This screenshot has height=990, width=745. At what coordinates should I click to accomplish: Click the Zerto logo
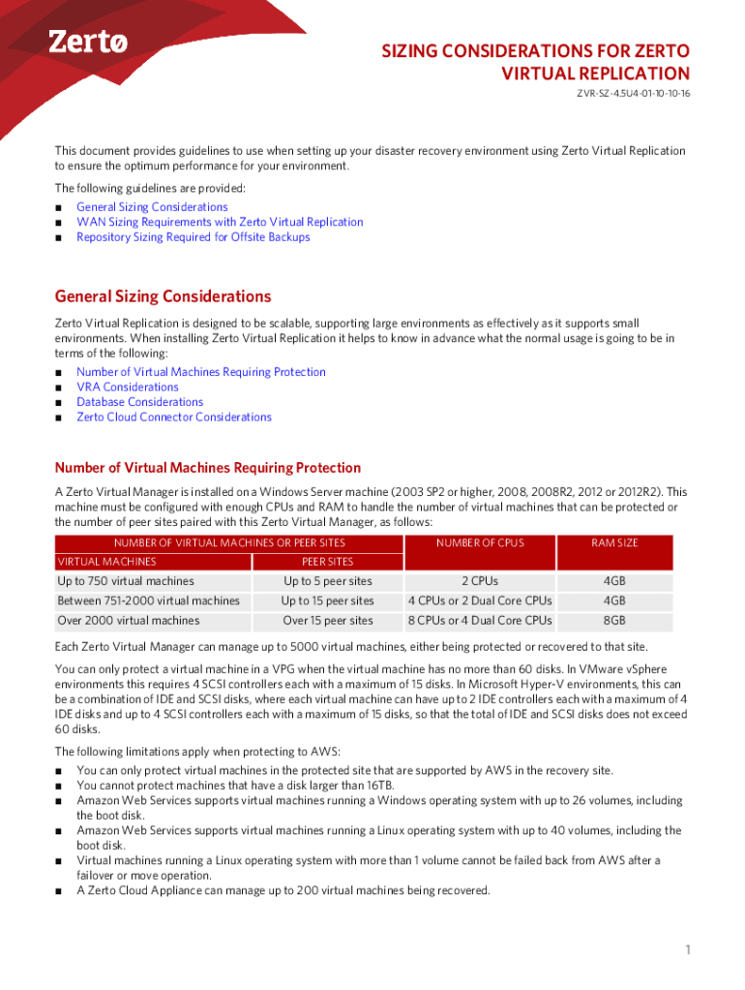click(88, 42)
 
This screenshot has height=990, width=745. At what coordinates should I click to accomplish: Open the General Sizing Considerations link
click(152, 207)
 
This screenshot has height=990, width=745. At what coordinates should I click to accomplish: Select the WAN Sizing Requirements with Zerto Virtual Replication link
click(220, 222)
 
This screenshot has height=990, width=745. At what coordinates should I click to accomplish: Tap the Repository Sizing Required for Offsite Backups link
click(194, 237)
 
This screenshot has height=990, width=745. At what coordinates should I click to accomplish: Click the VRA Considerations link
click(128, 387)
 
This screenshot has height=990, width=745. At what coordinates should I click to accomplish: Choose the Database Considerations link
click(139, 402)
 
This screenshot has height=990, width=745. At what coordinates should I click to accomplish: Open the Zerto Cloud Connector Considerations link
click(174, 417)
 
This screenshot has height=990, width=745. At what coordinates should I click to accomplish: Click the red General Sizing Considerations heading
click(163, 297)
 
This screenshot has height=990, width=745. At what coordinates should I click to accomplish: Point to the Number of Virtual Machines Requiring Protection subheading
click(208, 468)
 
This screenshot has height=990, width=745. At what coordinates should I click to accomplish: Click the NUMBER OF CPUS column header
click(480, 543)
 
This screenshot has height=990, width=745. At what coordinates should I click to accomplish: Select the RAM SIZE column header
click(614, 543)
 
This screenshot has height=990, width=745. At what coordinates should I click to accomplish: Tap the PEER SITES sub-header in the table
click(327, 562)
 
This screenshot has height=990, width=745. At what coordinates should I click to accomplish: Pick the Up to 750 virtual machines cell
click(126, 581)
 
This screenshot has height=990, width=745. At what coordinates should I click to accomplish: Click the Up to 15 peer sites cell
click(327, 601)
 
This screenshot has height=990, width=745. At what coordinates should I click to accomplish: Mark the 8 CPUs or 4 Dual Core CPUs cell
click(480, 621)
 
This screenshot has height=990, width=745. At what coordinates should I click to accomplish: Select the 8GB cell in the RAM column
click(614, 621)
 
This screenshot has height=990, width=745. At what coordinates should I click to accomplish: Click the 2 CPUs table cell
click(480, 581)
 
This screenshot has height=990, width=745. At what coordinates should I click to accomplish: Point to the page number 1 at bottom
click(688, 950)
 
